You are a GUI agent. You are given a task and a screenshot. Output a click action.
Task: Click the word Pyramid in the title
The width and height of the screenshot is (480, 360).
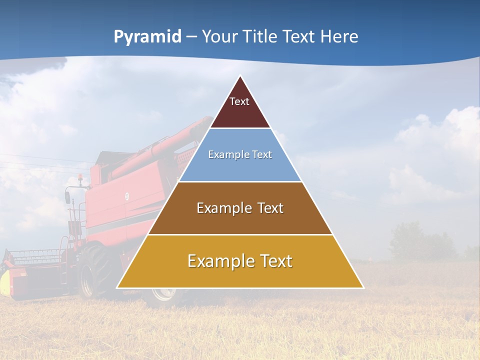(x=147, y=37)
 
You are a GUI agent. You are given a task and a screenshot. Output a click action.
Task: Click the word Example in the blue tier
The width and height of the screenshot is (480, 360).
(x=226, y=154)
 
